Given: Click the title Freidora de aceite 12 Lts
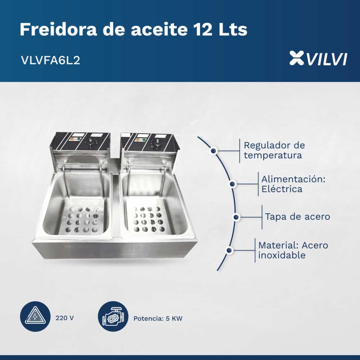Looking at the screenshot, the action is point(134,30).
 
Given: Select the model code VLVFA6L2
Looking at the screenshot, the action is point(50,60).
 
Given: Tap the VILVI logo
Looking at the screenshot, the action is point(318,58).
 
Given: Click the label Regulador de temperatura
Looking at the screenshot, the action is point(274,150).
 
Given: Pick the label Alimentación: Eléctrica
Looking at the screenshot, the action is point(293,184).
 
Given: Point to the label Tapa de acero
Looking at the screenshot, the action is point(298,216).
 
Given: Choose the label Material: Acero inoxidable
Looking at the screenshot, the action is point(293,250).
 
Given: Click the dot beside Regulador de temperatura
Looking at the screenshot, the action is point(214,151).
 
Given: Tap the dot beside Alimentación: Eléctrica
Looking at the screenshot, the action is point(232,184).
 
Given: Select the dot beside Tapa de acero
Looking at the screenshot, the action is point(236,217).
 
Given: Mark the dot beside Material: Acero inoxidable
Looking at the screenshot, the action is point(229,250).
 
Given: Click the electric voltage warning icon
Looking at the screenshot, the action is point(35,316).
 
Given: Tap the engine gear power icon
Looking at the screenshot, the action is point(113,316).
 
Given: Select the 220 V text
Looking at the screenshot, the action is point(64,318).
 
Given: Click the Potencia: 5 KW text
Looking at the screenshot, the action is point(158,319).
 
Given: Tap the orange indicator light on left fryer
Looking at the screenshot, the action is point(72,139).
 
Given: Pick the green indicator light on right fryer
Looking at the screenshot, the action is point(144,140).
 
